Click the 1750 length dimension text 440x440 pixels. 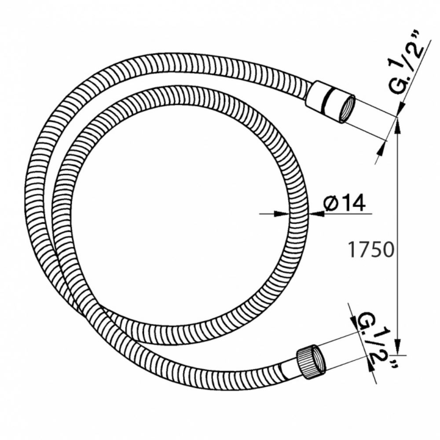pos(371,250)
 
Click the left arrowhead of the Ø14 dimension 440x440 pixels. pos(281,214)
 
